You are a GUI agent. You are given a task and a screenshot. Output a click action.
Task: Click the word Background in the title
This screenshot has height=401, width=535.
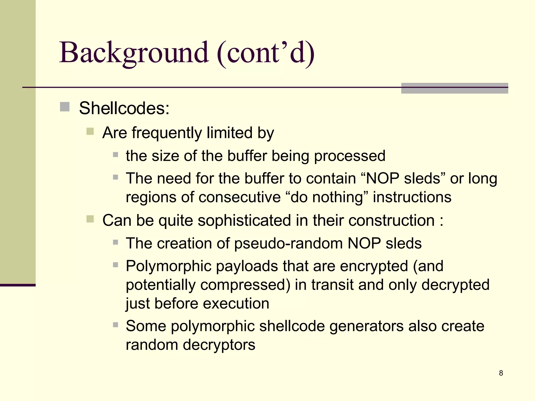point(134,53)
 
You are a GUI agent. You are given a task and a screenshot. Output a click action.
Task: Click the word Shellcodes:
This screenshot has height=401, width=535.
point(124,108)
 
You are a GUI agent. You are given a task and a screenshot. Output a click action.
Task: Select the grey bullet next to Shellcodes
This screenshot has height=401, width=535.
point(65,107)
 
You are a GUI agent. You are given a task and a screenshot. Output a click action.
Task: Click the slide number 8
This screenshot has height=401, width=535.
point(501,373)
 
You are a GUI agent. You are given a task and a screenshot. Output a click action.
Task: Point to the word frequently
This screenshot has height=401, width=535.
point(167,133)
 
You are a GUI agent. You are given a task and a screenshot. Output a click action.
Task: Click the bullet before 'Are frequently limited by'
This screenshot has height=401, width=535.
point(90,131)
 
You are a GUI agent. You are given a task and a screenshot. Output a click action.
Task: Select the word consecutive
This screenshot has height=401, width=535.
point(240,197)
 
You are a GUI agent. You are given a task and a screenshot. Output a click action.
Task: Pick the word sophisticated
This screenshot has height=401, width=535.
point(244,220)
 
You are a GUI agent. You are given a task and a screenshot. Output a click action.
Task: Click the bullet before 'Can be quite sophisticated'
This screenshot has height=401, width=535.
point(90,219)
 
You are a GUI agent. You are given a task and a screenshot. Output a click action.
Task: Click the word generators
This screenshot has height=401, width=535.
point(366,326)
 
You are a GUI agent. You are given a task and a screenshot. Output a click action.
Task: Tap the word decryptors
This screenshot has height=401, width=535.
point(219,345)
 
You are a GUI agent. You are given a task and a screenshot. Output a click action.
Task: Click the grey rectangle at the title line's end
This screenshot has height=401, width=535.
point(454,88)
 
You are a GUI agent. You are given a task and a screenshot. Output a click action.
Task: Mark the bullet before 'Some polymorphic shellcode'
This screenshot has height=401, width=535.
point(115,325)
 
